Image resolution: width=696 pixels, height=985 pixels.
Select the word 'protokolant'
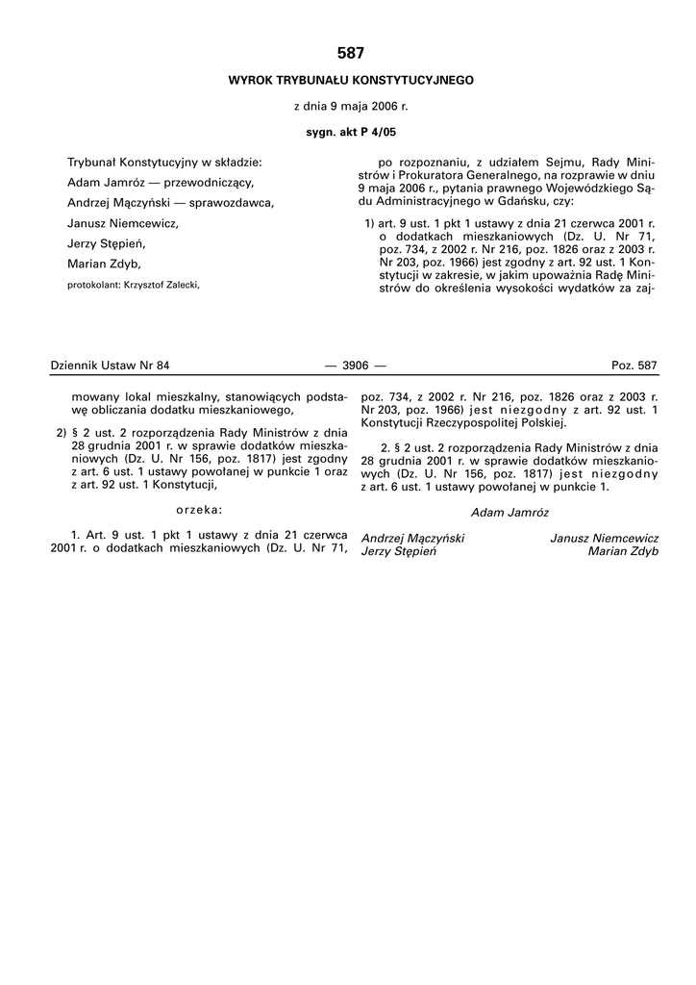93,285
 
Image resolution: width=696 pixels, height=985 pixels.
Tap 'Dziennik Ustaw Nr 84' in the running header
109,366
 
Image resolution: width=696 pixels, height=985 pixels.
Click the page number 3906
349,366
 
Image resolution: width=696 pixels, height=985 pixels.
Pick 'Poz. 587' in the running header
634,366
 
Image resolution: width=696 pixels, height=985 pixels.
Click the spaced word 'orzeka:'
200,509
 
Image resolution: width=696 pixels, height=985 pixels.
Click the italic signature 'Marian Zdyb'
623,552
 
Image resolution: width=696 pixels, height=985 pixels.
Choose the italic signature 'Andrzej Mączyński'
411,539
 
